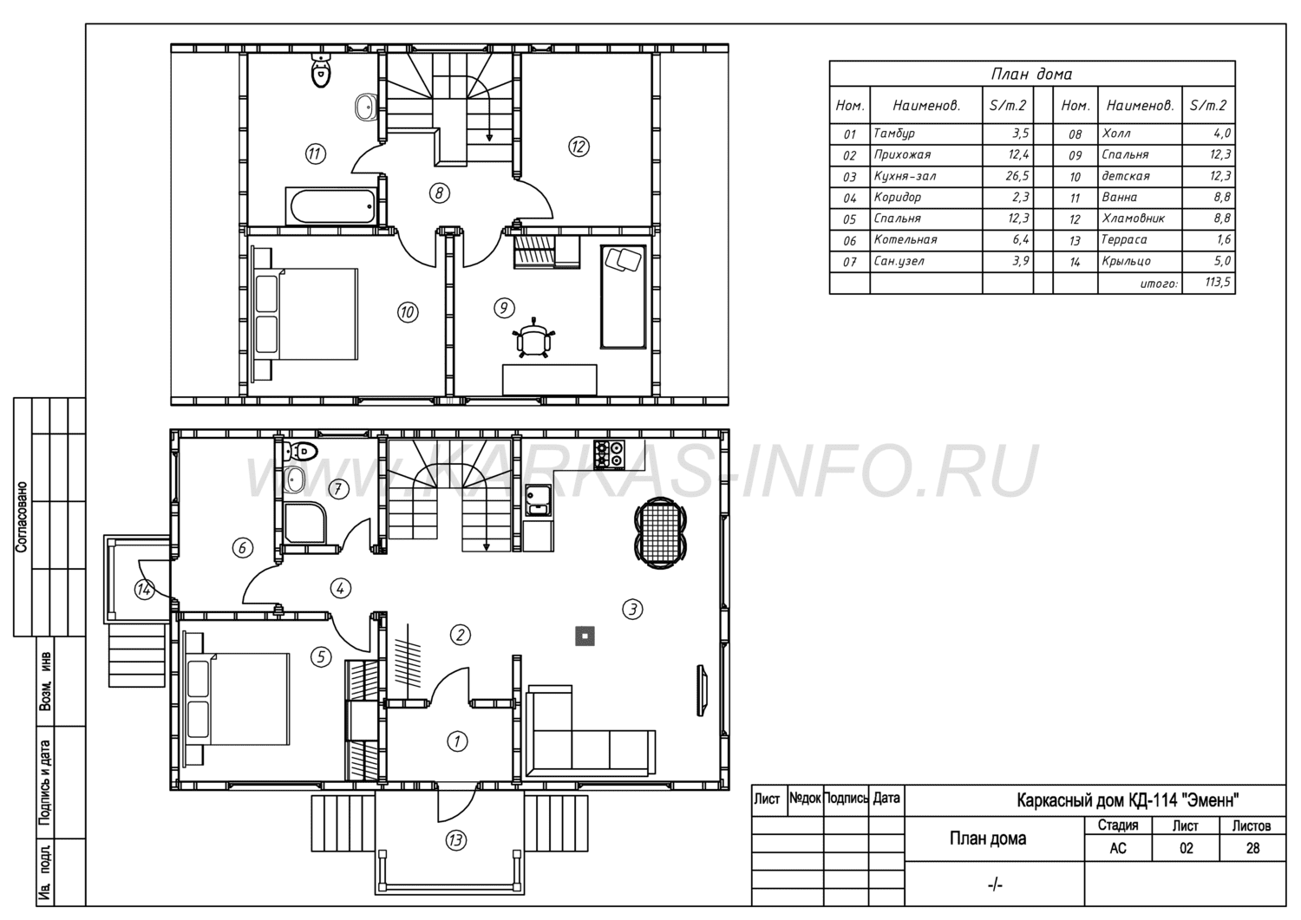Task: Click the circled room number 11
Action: tap(315, 154)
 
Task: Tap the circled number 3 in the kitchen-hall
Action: tap(632, 610)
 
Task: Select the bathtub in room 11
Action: tap(332, 206)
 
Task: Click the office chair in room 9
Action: tap(533, 339)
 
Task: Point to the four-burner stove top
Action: tap(609, 454)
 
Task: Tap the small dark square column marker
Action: tap(585, 636)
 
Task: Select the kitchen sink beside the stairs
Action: tap(539, 500)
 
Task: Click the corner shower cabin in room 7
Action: tap(305, 522)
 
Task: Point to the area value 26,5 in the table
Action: tap(1017, 176)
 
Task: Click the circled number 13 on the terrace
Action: tap(456, 840)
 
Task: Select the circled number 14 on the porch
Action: tap(143, 590)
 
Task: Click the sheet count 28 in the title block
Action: tap(1252, 849)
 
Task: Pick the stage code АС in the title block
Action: tap(1118, 849)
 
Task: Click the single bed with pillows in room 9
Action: tap(624, 297)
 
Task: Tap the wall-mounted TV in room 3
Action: tap(703, 690)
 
